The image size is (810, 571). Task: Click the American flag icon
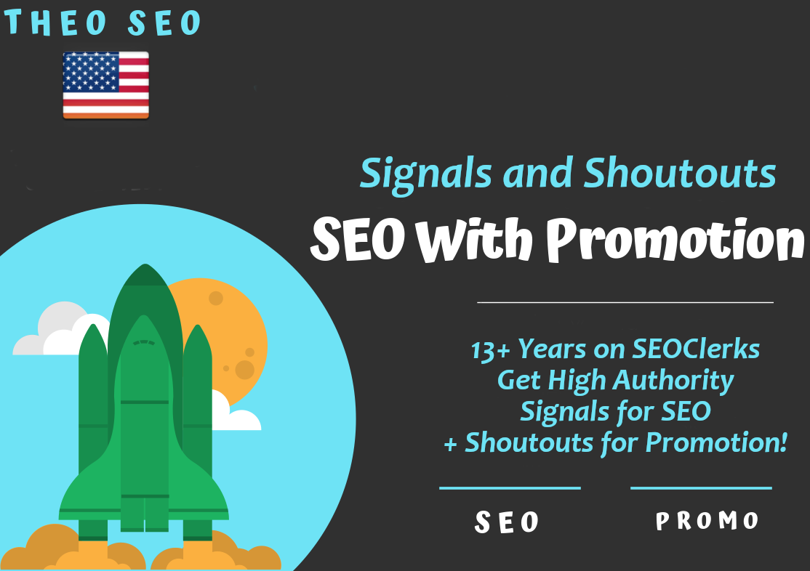(105, 85)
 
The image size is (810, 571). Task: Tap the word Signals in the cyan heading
(415, 174)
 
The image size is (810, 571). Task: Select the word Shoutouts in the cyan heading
(681, 174)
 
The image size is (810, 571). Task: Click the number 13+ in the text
(490, 350)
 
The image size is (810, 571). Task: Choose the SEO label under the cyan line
(508, 522)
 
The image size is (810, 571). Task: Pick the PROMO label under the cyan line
(707, 521)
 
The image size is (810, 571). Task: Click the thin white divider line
(625, 301)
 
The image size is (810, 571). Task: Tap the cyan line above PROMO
(700, 488)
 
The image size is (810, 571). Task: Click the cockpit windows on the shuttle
(144, 342)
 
